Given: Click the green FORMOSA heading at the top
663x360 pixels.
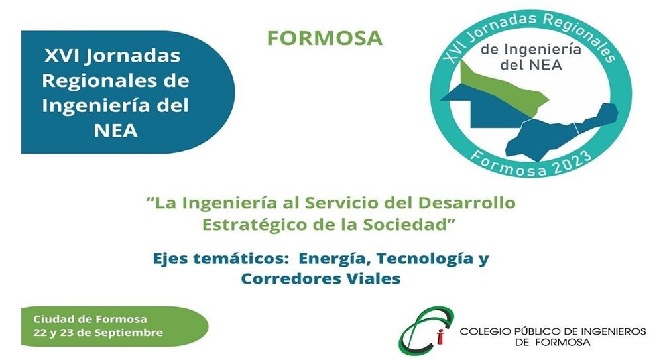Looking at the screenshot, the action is [x=325, y=38].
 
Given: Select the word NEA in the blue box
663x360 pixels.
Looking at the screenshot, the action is [x=116, y=131].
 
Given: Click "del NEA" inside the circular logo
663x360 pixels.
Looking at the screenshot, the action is [x=531, y=65].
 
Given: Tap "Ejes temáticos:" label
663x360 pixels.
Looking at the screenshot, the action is [x=220, y=259].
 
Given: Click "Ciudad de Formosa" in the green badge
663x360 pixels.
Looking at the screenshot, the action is [x=90, y=319].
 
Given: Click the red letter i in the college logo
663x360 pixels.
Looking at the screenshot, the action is [x=441, y=336].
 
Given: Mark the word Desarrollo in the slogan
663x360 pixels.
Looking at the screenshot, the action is [x=467, y=203].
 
